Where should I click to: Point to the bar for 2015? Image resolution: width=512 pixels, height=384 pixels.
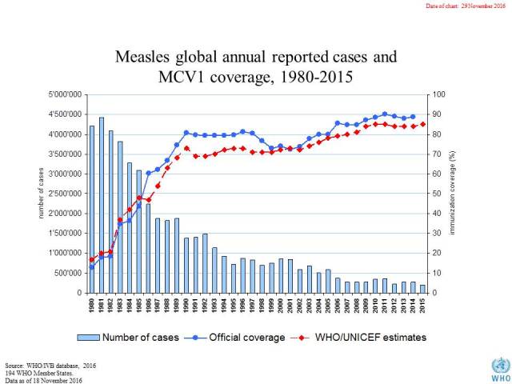pyautogui.click(x=422, y=289)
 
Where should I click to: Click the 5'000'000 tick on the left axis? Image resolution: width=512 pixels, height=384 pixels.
pyautogui.click(x=63, y=94)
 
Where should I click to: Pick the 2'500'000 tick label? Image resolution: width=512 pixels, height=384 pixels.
pyautogui.click(x=63, y=194)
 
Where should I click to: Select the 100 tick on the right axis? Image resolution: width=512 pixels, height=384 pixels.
pyautogui.click(x=441, y=94)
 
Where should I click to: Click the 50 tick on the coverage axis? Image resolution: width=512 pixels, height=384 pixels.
pyautogui.click(x=438, y=194)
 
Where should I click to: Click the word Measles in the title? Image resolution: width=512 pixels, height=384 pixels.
pyautogui.click(x=144, y=58)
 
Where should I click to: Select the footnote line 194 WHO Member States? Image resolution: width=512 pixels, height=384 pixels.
pyautogui.click(x=34, y=371)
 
